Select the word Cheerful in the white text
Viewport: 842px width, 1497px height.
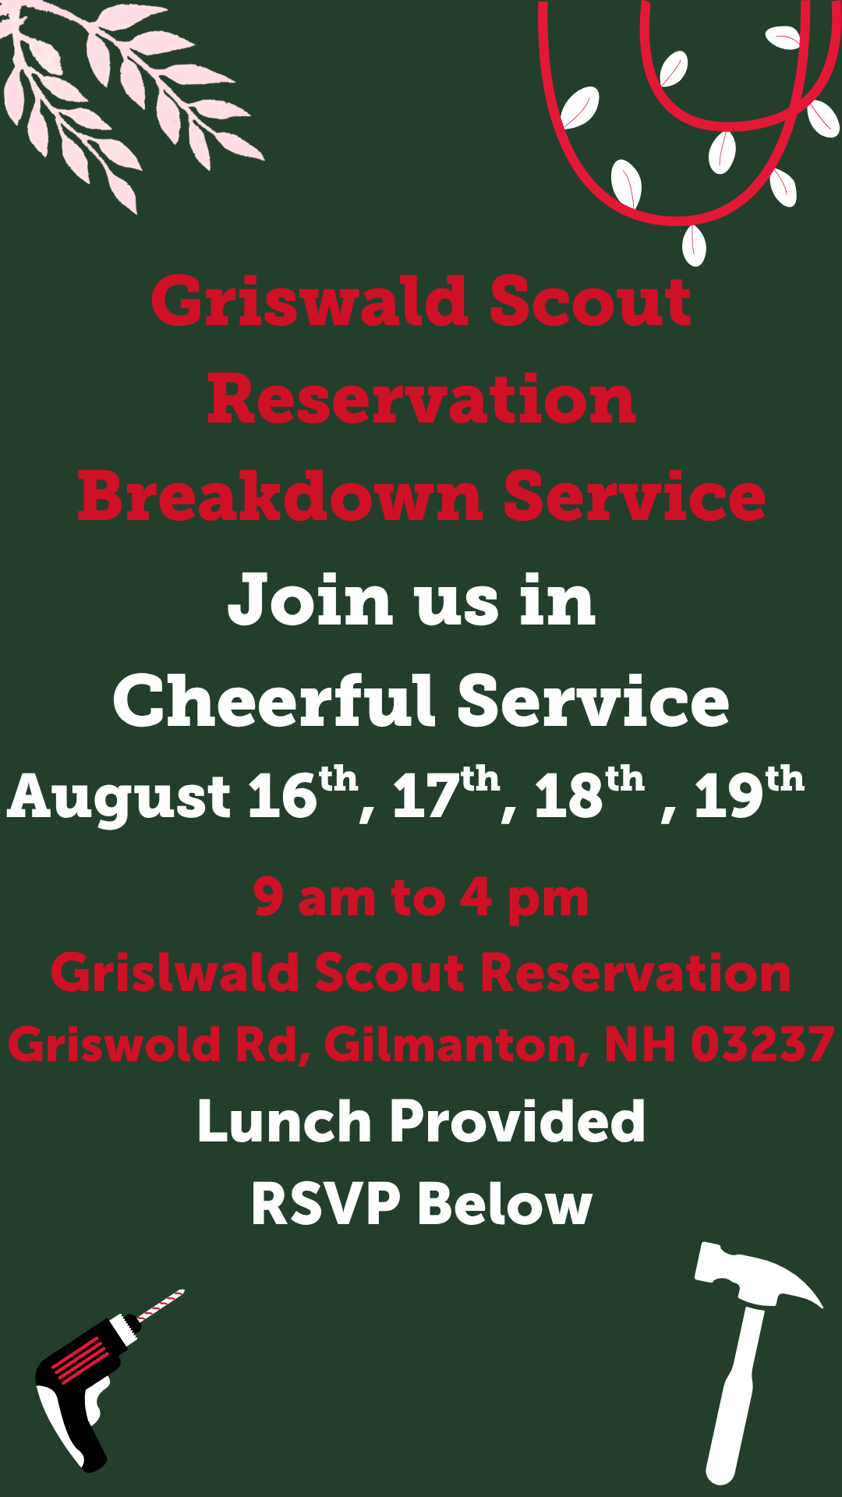coord(274,701)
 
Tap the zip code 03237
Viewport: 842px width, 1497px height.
coord(762,1045)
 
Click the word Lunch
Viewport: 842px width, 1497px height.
coord(284,1121)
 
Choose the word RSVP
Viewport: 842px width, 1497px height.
coord(326,1204)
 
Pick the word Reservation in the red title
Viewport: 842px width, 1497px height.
coord(421,399)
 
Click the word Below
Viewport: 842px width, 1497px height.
coord(504,1204)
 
